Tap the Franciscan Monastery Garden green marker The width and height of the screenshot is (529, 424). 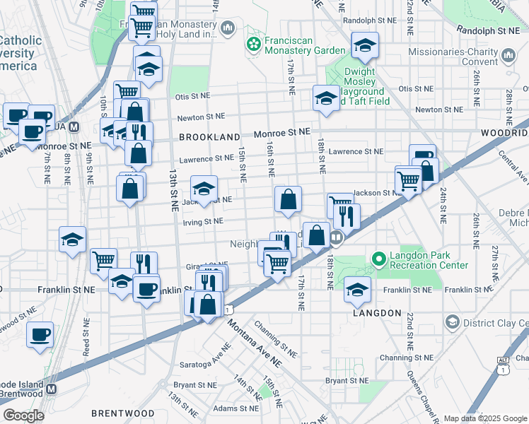point(253,45)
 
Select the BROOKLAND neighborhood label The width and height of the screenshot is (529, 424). point(209,136)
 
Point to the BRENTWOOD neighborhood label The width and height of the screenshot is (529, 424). point(122,413)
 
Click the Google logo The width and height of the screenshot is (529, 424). point(23,416)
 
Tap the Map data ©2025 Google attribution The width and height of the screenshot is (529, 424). point(484,418)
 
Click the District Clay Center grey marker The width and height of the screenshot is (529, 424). point(451,323)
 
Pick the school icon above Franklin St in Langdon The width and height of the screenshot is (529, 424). point(357,290)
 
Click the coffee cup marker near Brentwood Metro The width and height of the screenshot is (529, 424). point(40,334)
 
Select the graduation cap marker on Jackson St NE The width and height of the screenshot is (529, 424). point(203,189)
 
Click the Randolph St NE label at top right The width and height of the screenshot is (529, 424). point(488,30)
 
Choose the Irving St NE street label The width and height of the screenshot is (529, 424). point(203,221)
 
